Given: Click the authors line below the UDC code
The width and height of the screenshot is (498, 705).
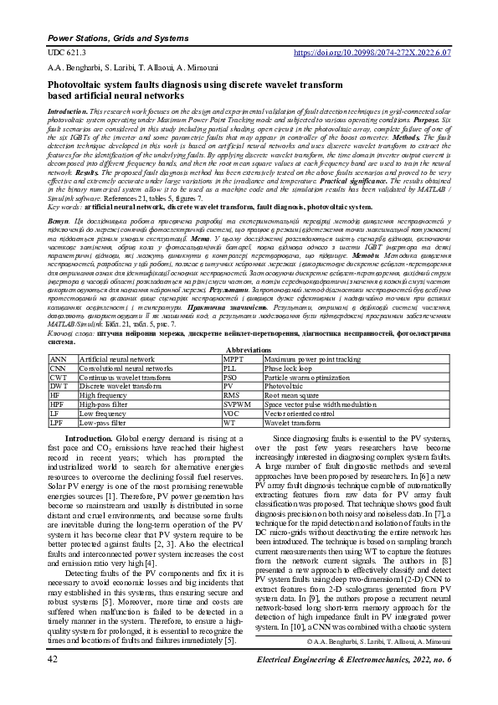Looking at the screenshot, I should pyautogui.click(x=122, y=66).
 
